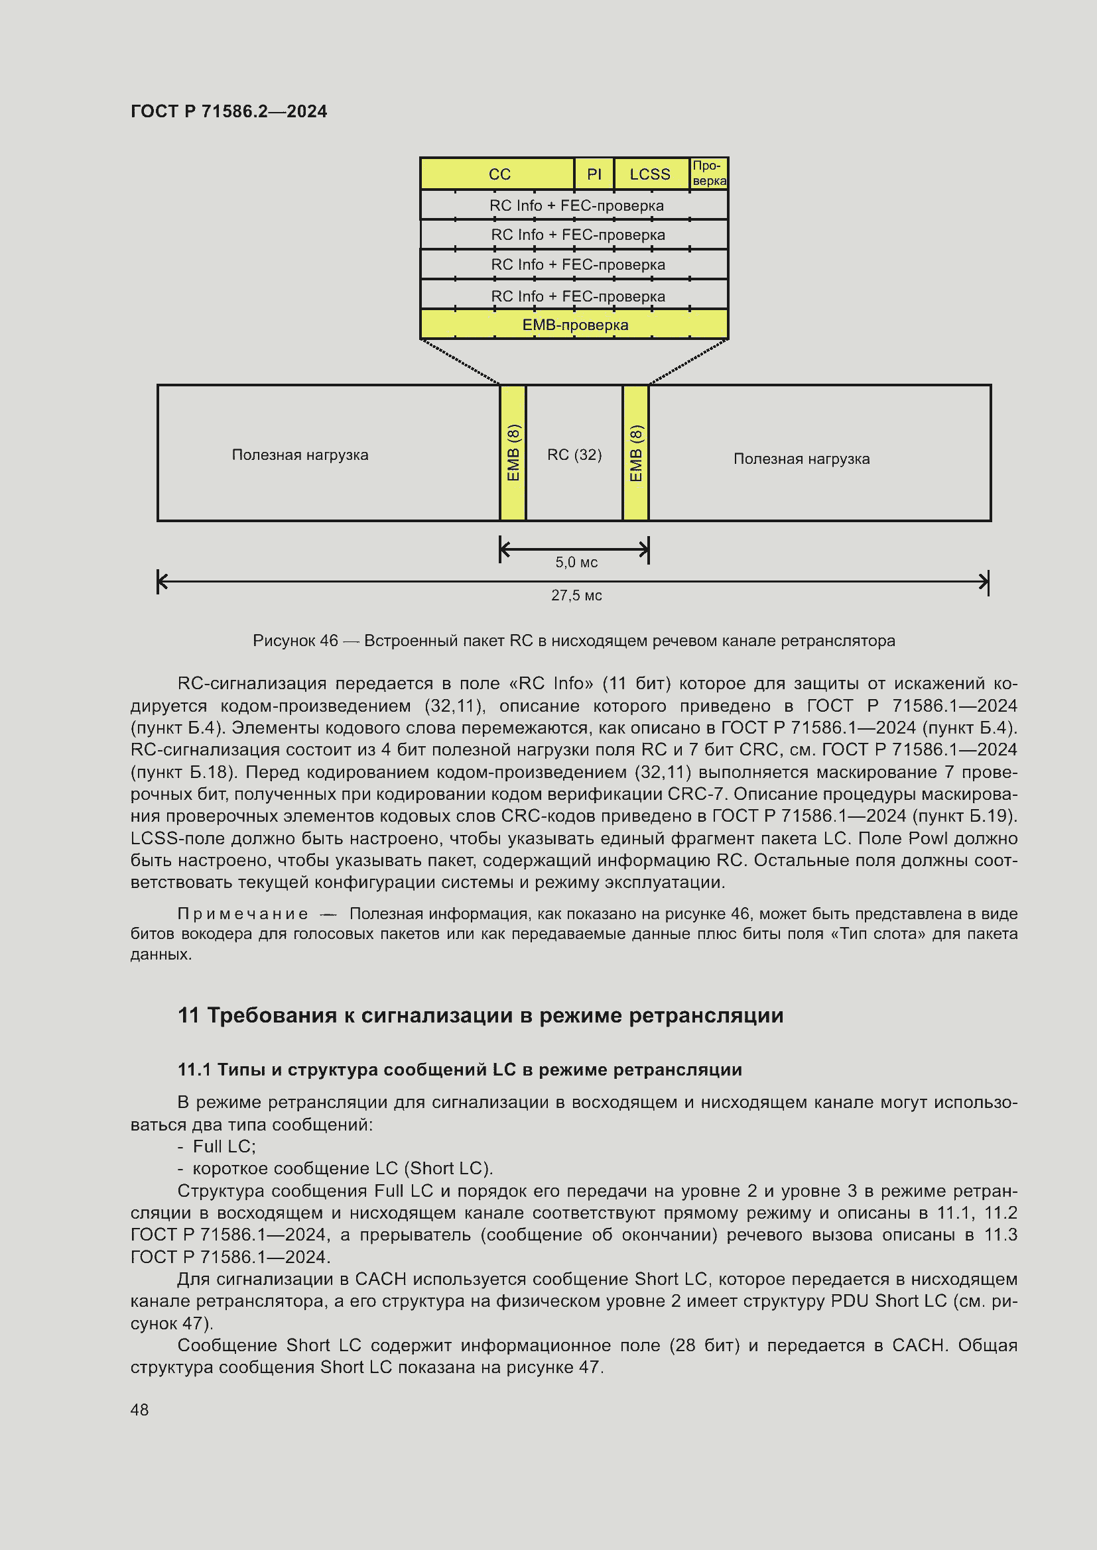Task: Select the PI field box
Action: tap(594, 174)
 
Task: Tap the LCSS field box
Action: tap(651, 174)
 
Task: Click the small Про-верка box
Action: tap(708, 174)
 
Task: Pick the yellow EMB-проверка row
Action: tap(574, 325)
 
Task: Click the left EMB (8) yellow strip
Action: tap(513, 453)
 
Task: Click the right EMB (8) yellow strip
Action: tap(635, 453)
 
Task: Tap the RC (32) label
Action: tap(574, 455)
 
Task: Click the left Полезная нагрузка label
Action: tap(300, 455)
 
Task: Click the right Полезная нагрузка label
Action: tap(801, 459)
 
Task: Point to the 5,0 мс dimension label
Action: tap(576, 562)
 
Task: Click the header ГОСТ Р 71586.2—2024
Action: tap(228, 111)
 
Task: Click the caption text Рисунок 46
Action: tap(295, 640)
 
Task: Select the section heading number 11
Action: tap(188, 1015)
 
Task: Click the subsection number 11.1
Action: tap(194, 1070)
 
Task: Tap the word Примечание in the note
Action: tap(243, 913)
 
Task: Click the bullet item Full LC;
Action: tap(224, 1146)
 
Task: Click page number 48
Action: tap(139, 1410)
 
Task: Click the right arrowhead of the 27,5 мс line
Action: tap(985, 581)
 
